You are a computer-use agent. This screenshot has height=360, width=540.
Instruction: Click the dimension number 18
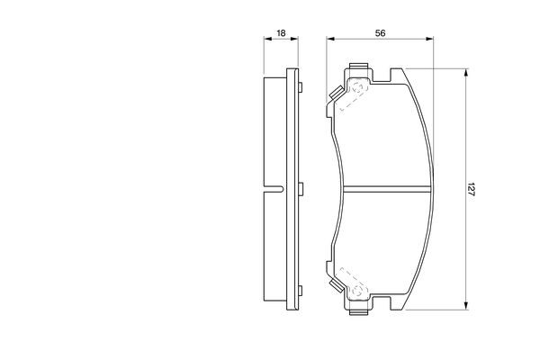(x=281, y=33)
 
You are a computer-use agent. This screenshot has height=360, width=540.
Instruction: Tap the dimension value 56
(x=380, y=33)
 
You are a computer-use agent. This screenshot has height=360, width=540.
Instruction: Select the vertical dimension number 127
(x=472, y=189)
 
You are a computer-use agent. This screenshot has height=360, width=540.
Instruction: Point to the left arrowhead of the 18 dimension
(x=265, y=40)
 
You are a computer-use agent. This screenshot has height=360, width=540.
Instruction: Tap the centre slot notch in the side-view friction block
(x=273, y=189)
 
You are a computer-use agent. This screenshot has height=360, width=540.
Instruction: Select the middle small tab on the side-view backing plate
(x=301, y=189)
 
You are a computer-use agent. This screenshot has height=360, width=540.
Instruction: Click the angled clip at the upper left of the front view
(x=334, y=93)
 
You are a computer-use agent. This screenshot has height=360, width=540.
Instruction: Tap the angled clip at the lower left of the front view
(x=334, y=285)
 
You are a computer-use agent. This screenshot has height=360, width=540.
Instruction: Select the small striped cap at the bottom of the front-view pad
(x=359, y=311)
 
